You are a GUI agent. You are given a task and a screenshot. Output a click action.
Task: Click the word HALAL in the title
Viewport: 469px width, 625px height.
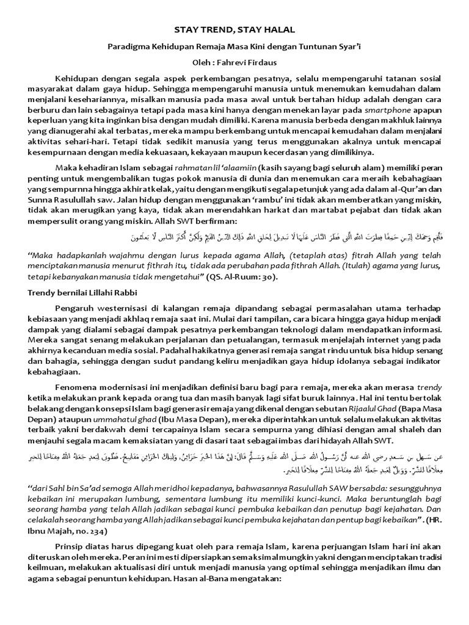point(277,29)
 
